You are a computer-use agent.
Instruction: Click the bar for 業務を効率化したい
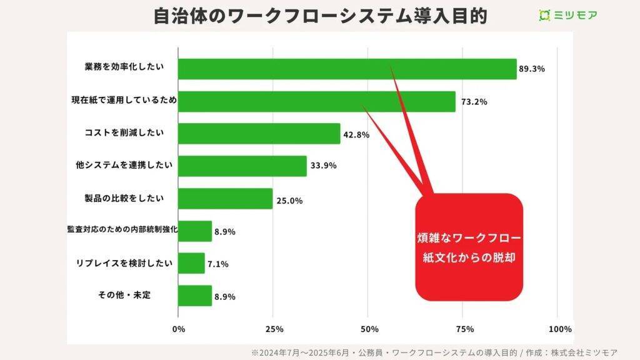pos(347,69)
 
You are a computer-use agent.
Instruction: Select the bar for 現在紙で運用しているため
pos(316,101)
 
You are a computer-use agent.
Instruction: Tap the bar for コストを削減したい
pos(259,134)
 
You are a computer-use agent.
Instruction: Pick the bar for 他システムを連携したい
pos(242,166)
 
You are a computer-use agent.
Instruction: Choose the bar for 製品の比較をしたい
pos(225,199)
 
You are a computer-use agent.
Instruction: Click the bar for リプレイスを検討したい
pos(191,263)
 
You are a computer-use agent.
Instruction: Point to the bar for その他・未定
pos(195,296)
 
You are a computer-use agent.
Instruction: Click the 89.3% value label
pos(532,69)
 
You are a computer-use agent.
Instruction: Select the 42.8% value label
pos(356,134)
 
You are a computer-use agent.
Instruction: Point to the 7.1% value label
pos(217,264)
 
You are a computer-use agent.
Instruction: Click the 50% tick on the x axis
pos(369,329)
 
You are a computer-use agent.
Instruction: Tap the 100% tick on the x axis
pos(559,329)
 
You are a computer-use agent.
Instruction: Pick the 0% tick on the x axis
pos(179,329)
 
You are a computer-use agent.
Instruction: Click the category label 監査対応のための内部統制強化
pos(122,230)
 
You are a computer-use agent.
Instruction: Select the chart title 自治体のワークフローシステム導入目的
pos(320,15)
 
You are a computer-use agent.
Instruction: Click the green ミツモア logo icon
pos(544,15)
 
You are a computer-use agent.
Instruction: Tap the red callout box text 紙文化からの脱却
pos(469,257)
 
